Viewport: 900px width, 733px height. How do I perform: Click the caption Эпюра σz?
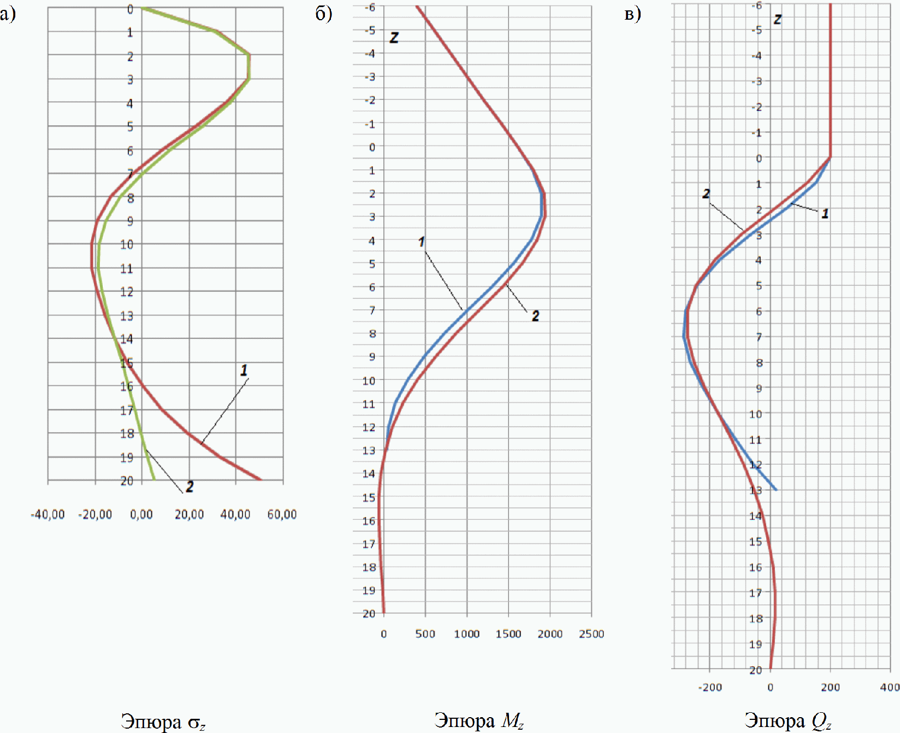[163, 722]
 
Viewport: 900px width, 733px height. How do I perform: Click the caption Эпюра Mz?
[479, 720]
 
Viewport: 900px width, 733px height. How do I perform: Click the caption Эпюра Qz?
[787, 720]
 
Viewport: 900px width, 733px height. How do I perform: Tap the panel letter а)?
[8, 14]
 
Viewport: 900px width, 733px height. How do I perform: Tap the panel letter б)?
[324, 13]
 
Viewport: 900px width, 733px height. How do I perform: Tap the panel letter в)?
[632, 14]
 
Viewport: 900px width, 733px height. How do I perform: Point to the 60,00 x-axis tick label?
[282, 514]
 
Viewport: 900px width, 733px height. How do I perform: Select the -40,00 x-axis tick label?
[48, 514]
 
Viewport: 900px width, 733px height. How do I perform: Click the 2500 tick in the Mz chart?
[591, 634]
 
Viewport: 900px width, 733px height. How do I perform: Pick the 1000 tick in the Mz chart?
[467, 634]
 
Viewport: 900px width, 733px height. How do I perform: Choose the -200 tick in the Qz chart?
[710, 688]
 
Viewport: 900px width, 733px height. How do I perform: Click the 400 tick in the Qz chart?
[890, 687]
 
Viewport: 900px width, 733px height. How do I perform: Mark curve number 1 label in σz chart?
[244, 370]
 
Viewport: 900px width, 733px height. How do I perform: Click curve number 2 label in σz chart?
[190, 486]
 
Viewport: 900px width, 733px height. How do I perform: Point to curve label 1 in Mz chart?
[422, 241]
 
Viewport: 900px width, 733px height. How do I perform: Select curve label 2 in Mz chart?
[535, 315]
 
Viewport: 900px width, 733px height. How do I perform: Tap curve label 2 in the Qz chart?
[706, 193]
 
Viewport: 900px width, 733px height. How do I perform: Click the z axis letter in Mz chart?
[394, 38]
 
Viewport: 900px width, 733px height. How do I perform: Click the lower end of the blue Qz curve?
[776, 489]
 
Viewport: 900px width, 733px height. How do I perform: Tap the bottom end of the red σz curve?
[261, 480]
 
